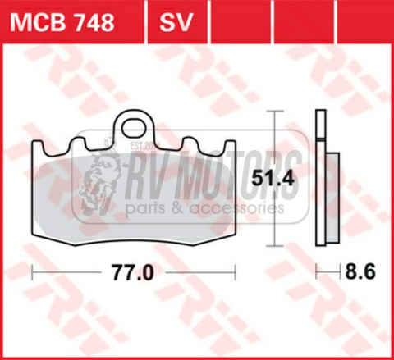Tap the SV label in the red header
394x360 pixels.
pos(175,22)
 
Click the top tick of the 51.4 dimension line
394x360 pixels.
pos(274,113)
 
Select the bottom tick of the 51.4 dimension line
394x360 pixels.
pos(274,245)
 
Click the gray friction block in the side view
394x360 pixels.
pos(332,197)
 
